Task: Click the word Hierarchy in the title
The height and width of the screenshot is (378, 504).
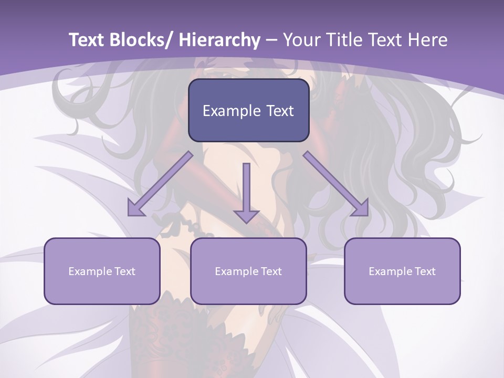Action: [x=219, y=40]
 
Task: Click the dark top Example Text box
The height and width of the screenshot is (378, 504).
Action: [x=248, y=111]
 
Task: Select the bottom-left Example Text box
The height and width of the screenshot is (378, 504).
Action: [x=102, y=271]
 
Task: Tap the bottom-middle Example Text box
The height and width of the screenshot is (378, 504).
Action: [x=248, y=271]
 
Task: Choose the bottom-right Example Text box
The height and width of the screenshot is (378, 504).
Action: [x=402, y=271]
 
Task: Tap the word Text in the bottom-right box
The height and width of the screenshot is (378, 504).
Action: [x=424, y=271]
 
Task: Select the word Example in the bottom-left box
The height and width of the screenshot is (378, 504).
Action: [x=90, y=271]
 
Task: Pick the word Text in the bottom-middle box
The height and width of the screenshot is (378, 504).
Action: [x=270, y=271]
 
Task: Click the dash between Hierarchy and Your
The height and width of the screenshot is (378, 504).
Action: [x=271, y=41]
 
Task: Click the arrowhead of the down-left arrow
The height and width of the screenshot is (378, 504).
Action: [x=136, y=208]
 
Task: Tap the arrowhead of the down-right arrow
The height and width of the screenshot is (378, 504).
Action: [x=360, y=208]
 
